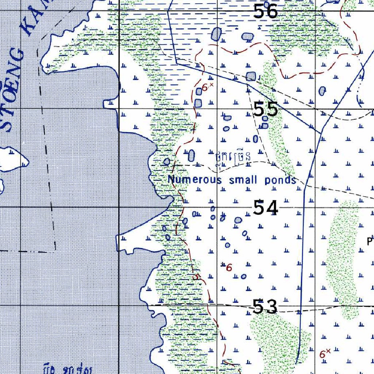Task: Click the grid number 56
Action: (266, 12)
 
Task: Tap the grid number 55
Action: (266, 110)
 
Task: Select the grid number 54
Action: (266, 208)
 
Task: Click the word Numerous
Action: (194, 180)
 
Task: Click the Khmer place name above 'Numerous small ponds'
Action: (233, 158)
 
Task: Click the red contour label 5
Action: (197, 277)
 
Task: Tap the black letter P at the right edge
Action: (370, 241)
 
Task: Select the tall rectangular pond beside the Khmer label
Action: (191, 156)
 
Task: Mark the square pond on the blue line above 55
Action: (251, 76)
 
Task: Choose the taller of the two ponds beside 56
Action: (216, 34)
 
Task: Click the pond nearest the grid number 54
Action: (238, 220)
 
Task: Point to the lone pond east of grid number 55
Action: (322, 91)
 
